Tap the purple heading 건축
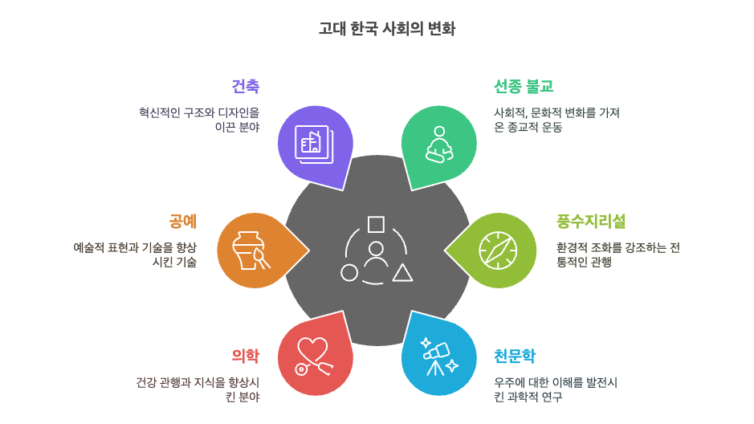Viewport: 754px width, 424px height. coord(245,86)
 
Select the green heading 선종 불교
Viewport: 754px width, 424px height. coord(523,86)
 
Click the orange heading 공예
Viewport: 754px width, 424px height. coord(182,221)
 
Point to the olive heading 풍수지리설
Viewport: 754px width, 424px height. coord(590,221)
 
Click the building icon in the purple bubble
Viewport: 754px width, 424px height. coord(313,144)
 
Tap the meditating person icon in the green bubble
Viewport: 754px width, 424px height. coord(439,144)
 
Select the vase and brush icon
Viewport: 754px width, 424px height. coord(251,250)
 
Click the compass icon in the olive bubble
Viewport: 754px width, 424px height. coord(498,250)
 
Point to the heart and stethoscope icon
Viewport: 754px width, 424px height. coord(313,356)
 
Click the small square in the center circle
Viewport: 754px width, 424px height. coord(376,224)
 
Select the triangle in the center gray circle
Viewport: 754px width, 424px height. coord(402,273)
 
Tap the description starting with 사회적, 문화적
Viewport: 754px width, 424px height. coord(556,120)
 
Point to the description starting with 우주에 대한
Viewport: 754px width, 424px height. coord(555,389)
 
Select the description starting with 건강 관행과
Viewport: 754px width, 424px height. coord(198,389)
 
